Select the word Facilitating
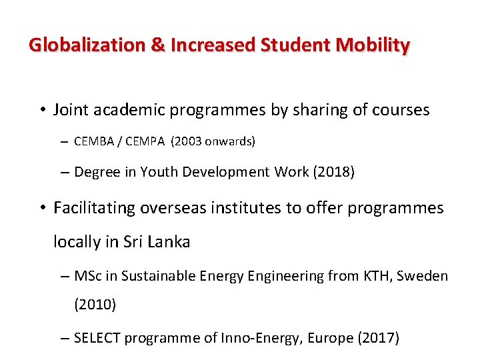click(x=94, y=208)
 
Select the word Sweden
click(x=423, y=275)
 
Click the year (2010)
click(x=95, y=305)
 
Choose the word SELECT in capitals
click(x=96, y=338)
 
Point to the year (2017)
click(x=379, y=338)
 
